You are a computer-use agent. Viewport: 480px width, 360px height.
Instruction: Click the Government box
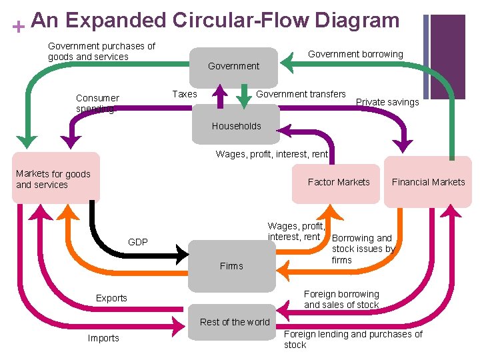(x=233, y=66)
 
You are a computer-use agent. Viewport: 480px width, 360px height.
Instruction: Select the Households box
(x=236, y=126)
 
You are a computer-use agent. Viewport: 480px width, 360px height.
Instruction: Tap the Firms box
(x=231, y=266)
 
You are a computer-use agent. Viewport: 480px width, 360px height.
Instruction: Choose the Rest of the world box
(x=235, y=322)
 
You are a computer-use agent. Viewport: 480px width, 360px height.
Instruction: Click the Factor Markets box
(x=339, y=182)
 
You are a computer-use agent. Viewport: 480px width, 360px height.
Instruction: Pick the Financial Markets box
(x=428, y=182)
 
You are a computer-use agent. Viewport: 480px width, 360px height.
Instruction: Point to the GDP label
(x=138, y=242)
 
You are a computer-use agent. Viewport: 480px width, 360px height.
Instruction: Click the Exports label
(x=111, y=298)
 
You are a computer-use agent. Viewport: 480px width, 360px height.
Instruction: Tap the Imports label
(x=103, y=338)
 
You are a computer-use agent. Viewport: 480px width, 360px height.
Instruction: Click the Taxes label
(x=185, y=94)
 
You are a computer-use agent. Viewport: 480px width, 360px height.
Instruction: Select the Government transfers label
(x=301, y=94)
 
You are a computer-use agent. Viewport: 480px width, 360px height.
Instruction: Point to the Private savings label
(x=387, y=102)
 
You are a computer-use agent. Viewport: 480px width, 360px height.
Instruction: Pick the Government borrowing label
(x=355, y=54)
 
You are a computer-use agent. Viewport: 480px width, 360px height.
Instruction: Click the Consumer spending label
(x=97, y=103)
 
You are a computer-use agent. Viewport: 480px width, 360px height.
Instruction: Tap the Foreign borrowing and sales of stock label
(x=341, y=299)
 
